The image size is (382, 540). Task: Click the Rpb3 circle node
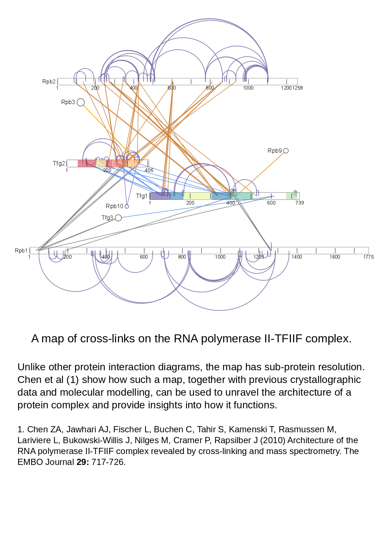pyautogui.click(x=81, y=102)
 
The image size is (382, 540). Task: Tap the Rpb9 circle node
pyautogui.click(x=286, y=151)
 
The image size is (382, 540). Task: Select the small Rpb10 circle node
pyautogui.click(x=127, y=206)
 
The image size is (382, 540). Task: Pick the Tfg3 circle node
pyautogui.click(x=118, y=218)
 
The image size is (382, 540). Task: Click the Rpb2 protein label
pyautogui.click(x=49, y=82)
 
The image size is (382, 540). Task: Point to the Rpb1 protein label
pyautogui.click(x=21, y=251)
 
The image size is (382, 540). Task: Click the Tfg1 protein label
pyautogui.click(x=141, y=196)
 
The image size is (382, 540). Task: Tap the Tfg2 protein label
pyautogui.click(x=59, y=164)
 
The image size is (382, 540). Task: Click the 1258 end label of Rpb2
pyautogui.click(x=297, y=88)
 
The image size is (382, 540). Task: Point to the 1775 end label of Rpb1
pyautogui.click(x=369, y=257)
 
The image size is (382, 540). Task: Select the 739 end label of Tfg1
pyautogui.click(x=299, y=203)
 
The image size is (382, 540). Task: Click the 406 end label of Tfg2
pyautogui.click(x=149, y=170)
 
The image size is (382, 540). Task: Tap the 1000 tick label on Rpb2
pyautogui.click(x=248, y=88)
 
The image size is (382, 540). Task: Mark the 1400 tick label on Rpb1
pyautogui.click(x=297, y=257)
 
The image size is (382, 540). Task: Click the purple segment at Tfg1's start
pyautogui.click(x=159, y=196)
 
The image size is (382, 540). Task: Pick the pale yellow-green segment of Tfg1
pyautogui.click(x=197, y=196)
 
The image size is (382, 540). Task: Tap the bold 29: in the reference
pyautogui.click(x=83, y=462)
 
